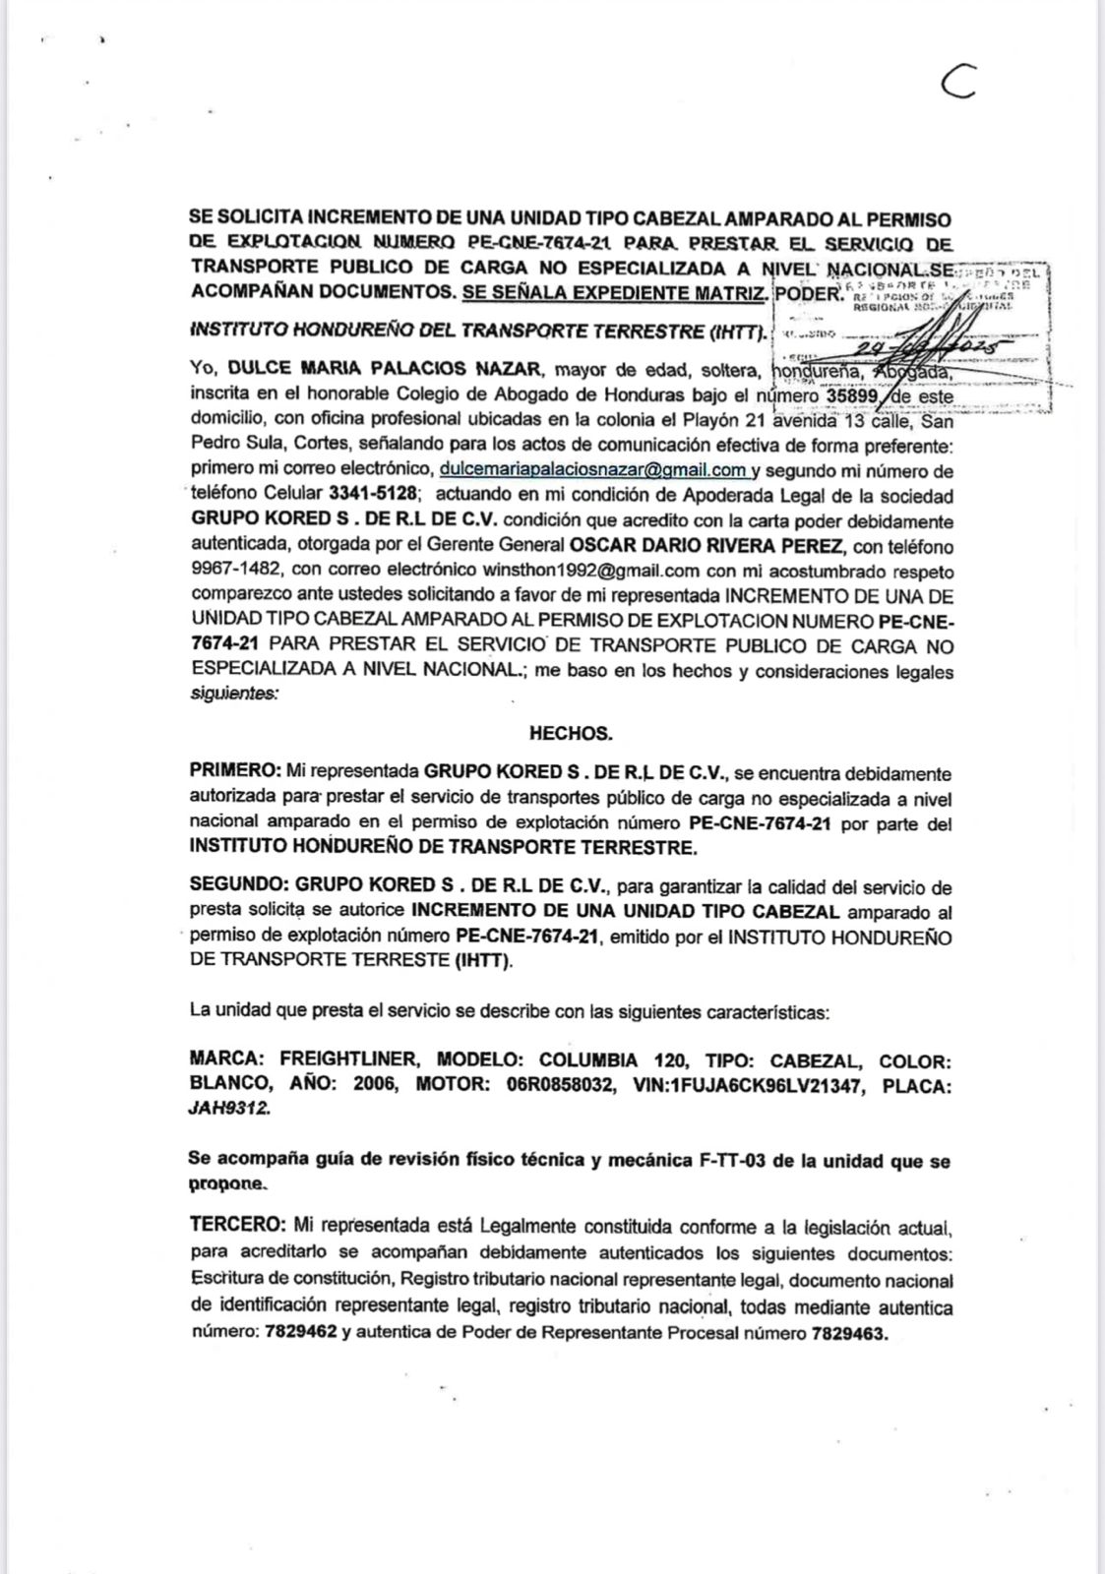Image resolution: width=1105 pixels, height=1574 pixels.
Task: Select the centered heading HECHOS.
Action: pos(571,733)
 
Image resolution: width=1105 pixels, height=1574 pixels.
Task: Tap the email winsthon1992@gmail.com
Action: pos(590,571)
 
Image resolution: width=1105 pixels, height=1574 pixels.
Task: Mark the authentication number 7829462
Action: pos(299,1334)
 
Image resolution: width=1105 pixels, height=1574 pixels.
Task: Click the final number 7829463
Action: pos(850,1334)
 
